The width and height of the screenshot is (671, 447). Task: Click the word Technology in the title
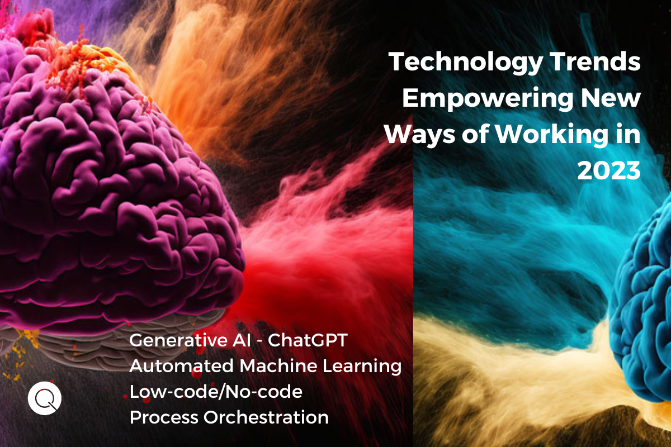(x=465, y=63)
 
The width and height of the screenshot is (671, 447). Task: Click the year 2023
(x=609, y=170)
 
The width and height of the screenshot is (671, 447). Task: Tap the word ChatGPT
(x=308, y=340)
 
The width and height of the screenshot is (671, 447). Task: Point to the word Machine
(x=278, y=366)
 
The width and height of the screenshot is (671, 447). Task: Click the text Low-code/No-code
(x=216, y=392)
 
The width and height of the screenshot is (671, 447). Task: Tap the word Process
(x=163, y=417)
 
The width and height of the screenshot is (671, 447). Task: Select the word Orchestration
(x=266, y=417)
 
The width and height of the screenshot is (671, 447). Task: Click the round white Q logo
(x=45, y=398)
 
